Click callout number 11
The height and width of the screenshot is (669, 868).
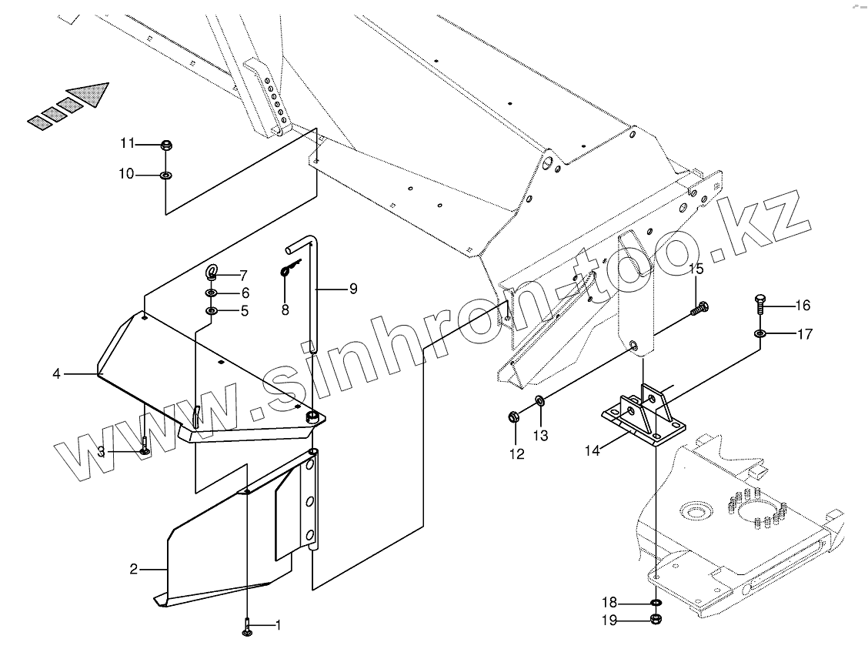point(127,144)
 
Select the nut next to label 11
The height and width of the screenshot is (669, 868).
point(165,145)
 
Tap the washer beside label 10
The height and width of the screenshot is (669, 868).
point(165,176)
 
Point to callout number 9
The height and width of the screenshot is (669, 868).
point(353,289)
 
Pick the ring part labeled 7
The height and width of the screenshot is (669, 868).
point(212,272)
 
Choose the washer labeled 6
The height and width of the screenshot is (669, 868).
point(211,293)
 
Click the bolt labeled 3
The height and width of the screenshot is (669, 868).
point(145,446)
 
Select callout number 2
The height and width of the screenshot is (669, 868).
point(133,570)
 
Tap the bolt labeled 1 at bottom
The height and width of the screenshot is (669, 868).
point(247,627)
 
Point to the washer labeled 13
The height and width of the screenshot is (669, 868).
point(539,400)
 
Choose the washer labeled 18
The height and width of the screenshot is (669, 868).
point(656,603)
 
